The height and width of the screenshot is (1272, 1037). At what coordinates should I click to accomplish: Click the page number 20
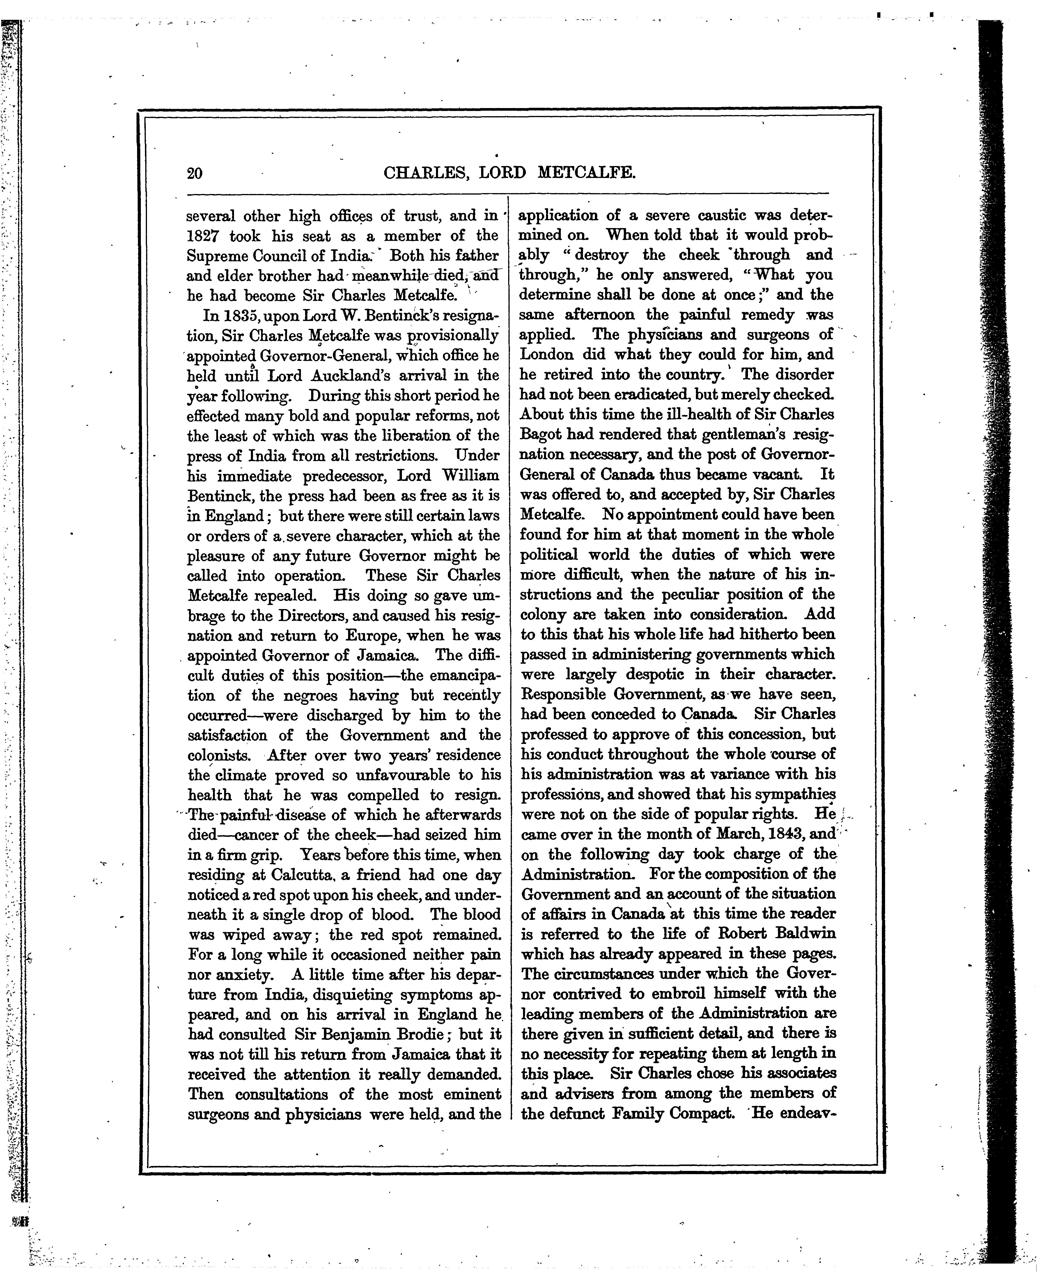(195, 173)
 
